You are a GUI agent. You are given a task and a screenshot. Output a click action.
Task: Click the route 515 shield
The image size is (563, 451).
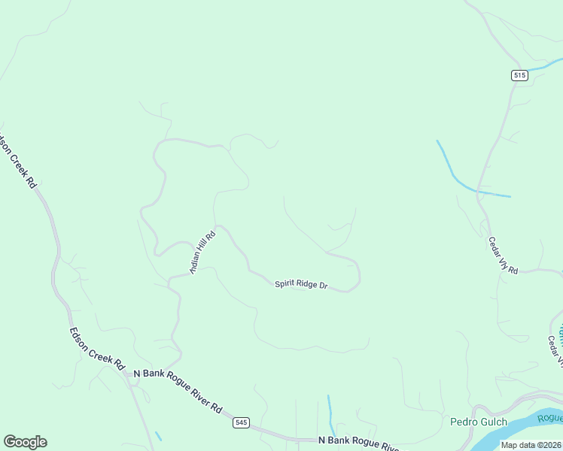coord(519,74)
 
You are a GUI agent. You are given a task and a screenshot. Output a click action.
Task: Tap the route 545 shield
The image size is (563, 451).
coord(241,422)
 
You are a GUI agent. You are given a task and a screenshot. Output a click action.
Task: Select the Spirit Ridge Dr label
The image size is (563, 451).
coord(301,284)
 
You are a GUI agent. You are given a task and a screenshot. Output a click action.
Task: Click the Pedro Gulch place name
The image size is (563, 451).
coord(479,422)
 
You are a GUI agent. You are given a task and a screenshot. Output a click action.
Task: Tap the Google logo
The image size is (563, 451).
coord(25,442)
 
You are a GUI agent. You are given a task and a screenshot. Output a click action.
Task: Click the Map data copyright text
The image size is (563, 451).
coord(530,445)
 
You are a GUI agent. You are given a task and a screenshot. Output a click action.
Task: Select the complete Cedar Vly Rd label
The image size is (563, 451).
coord(503,256)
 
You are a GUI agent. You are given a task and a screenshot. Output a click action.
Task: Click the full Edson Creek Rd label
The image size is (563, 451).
coord(96,348)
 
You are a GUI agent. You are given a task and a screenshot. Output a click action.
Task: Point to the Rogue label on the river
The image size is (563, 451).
coord(550,419)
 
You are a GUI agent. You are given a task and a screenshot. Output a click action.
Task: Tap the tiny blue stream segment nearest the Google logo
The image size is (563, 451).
coord(158,436)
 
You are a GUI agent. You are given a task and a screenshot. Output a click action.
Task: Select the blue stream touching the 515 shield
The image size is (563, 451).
coord(540,71)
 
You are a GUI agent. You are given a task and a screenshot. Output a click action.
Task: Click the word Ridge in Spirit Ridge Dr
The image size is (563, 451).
coord(306,284)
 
